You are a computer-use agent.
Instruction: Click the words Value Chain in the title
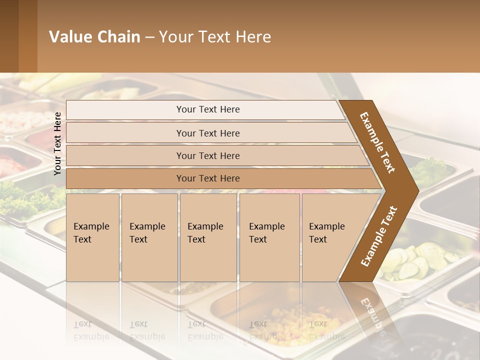(x=94, y=37)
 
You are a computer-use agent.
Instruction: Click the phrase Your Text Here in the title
(x=215, y=37)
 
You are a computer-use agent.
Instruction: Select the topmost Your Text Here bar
(x=207, y=109)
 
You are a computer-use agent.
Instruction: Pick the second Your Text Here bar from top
(x=207, y=133)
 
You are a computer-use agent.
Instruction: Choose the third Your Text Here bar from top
(x=207, y=155)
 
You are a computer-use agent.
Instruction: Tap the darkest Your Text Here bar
(x=207, y=178)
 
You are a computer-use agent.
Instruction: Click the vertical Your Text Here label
(x=57, y=143)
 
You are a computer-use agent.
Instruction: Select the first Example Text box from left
(x=92, y=237)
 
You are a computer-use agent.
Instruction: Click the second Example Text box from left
(x=149, y=237)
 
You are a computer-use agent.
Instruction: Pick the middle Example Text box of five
(x=207, y=237)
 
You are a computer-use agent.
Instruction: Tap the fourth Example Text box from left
(x=269, y=237)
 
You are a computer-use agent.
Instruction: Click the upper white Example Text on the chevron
(x=377, y=142)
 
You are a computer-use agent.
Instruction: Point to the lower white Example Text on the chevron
(x=379, y=236)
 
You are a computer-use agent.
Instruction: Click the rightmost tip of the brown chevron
(x=418, y=190)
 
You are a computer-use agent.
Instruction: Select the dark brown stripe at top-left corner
(x=9, y=36)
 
